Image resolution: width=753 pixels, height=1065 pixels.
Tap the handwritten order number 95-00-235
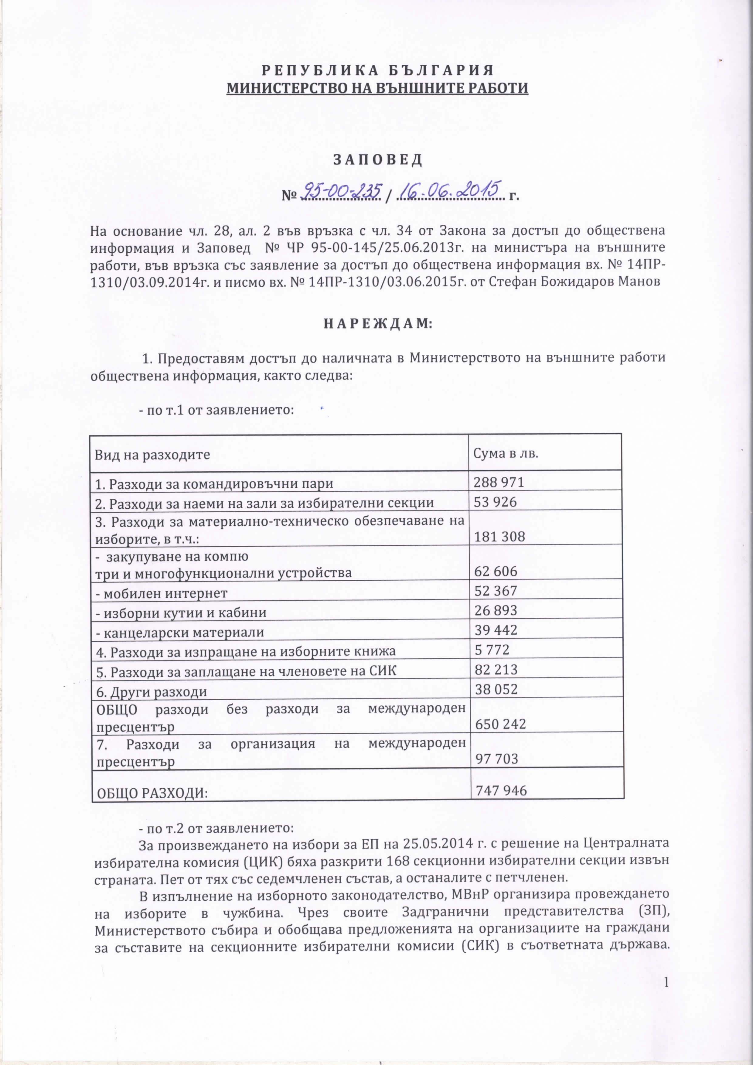pos(341,191)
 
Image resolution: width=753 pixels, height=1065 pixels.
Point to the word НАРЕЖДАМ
pos(377,324)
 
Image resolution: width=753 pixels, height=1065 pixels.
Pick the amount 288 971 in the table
pos(499,483)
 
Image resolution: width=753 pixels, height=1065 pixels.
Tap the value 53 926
pos(495,502)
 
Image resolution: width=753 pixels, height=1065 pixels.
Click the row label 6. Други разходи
pos(151,692)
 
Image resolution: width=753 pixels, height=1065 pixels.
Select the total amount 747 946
pos(500,790)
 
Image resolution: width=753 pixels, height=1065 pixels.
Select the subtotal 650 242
pos(499,724)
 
